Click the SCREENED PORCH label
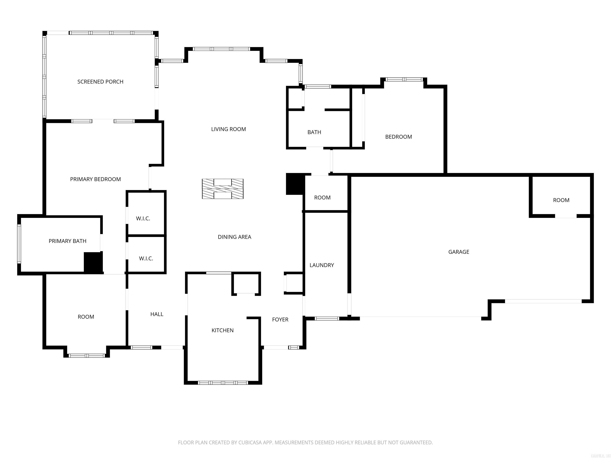click(x=100, y=82)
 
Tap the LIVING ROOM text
click(x=229, y=129)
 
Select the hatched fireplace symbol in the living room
click(x=223, y=189)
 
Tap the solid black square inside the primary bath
click(x=93, y=263)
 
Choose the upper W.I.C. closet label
click(x=143, y=219)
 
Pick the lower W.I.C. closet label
click(x=146, y=259)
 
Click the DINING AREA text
click(x=234, y=237)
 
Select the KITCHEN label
click(x=222, y=330)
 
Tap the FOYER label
click(x=280, y=320)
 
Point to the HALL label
click(x=157, y=314)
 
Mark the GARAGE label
click(x=458, y=252)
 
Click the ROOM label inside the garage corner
click(x=561, y=200)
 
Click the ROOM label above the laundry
click(x=322, y=198)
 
